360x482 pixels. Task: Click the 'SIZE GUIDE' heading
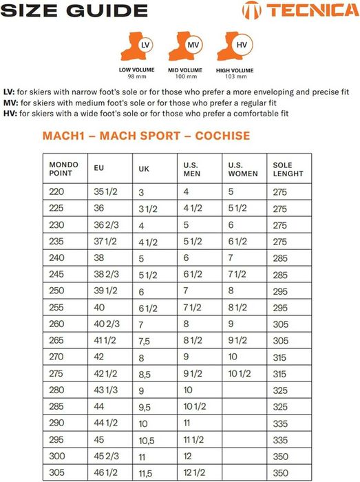(x=74, y=10)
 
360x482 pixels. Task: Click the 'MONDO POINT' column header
(x=63, y=169)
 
